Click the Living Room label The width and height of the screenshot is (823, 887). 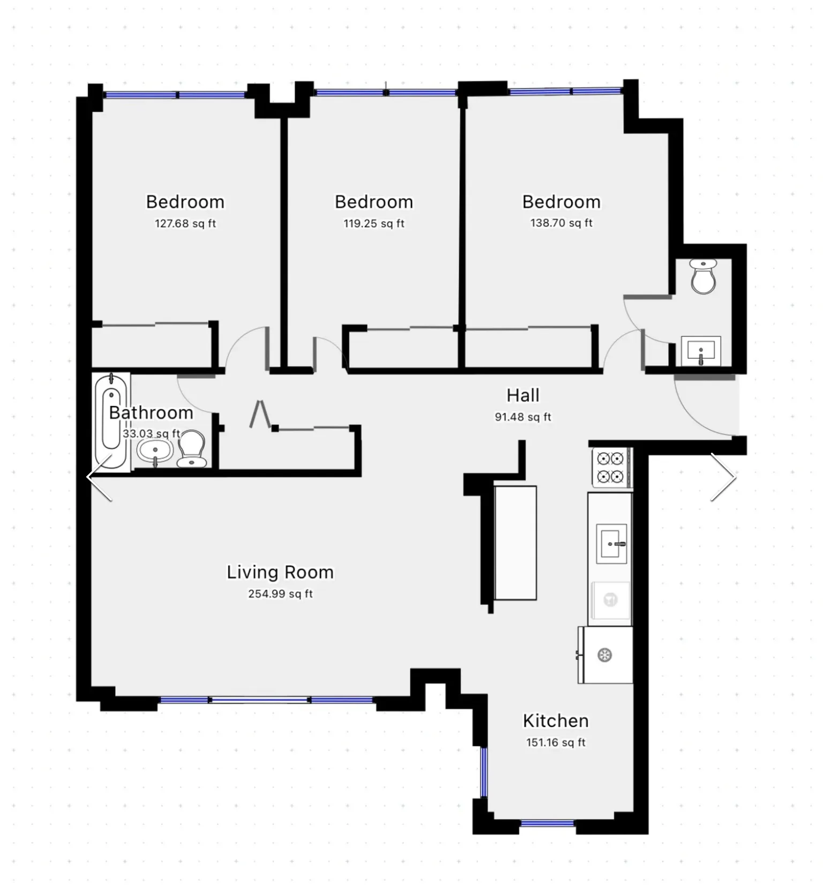[x=280, y=572]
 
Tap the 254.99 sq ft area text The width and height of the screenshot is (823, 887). [x=280, y=593]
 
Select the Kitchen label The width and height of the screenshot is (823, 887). [x=556, y=720]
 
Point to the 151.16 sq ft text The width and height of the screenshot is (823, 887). [x=556, y=742]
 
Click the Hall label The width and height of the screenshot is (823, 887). [x=523, y=395]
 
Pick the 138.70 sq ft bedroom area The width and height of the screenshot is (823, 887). [x=561, y=223]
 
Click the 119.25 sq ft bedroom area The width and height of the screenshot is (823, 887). [x=373, y=223]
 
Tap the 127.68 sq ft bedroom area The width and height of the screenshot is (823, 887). [x=185, y=223]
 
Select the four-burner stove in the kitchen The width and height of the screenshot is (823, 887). [x=611, y=467]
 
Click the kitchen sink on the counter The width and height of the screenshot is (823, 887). [x=611, y=544]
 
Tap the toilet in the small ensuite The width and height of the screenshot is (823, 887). [x=703, y=276]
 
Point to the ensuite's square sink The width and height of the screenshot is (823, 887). [x=701, y=351]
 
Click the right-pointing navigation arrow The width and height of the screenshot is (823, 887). [x=723, y=477]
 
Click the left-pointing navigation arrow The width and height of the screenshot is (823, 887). [x=100, y=477]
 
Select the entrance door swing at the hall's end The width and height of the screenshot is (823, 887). [x=706, y=406]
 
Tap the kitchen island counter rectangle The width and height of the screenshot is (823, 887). [x=515, y=543]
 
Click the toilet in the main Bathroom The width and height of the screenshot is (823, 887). [x=191, y=449]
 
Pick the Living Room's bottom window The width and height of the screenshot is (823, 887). [x=266, y=700]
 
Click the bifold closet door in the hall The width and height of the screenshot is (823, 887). [x=260, y=414]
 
